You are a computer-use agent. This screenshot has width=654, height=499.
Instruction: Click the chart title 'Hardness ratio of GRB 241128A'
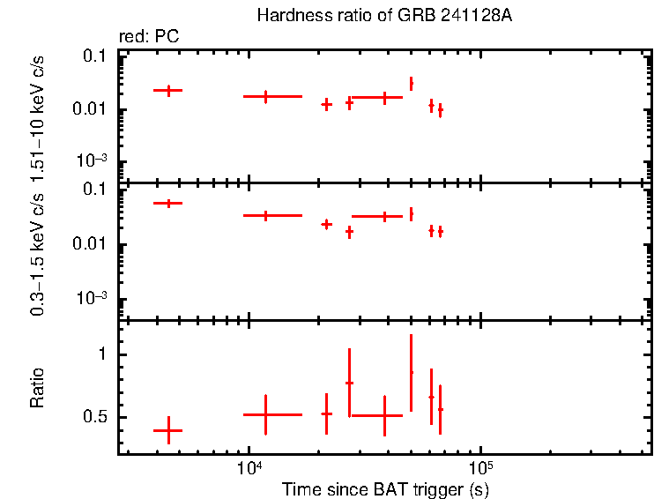[x=384, y=16]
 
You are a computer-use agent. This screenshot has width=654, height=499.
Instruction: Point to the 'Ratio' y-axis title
[x=37, y=387]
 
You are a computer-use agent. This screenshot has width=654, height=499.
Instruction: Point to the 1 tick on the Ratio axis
[x=102, y=354]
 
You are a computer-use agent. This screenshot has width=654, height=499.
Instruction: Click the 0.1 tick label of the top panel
[x=94, y=56]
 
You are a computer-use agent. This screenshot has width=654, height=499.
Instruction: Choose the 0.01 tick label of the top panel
[x=91, y=109]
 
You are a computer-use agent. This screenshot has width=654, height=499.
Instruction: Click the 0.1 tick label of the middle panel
[x=94, y=189]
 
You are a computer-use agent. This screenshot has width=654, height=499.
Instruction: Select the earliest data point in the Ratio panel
[x=167, y=430]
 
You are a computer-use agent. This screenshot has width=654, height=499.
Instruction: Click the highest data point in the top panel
[x=411, y=84]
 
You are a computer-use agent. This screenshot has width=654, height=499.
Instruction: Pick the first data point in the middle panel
[x=167, y=204]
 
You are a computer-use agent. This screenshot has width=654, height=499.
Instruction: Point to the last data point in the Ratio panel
[x=440, y=409]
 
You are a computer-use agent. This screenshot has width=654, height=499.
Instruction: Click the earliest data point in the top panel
[x=167, y=90]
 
